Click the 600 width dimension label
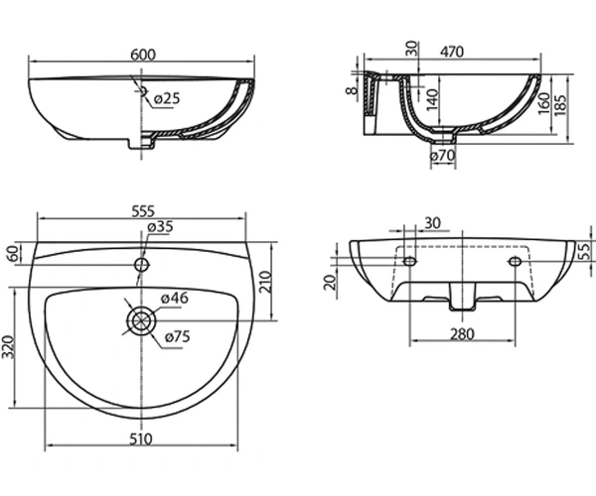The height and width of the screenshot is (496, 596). (x=143, y=55)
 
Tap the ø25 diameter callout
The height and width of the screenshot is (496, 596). (x=167, y=99)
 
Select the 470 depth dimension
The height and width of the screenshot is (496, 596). (x=452, y=52)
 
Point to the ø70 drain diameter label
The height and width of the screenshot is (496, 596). (x=443, y=156)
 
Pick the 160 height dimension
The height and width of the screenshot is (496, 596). (x=544, y=103)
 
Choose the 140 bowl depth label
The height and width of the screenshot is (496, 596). (x=432, y=100)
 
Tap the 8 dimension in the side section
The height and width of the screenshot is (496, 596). (x=353, y=90)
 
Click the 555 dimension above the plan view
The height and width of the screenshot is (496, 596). (x=143, y=211)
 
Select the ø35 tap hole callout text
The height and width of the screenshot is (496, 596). (x=160, y=226)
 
